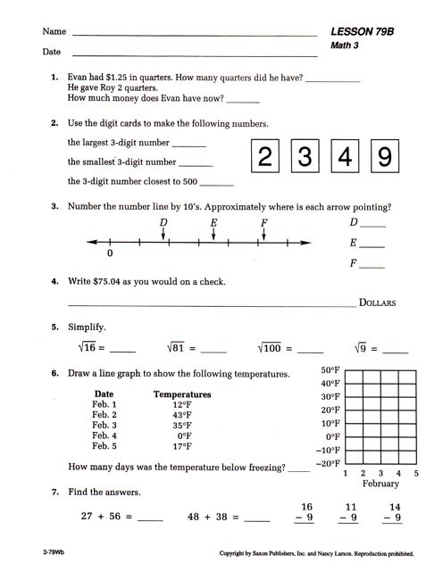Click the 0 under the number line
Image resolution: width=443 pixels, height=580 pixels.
(x=110, y=254)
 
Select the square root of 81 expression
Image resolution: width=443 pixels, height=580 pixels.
(x=180, y=349)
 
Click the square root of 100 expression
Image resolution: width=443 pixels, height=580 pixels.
(x=274, y=349)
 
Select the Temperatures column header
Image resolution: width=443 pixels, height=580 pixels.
(x=182, y=394)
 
